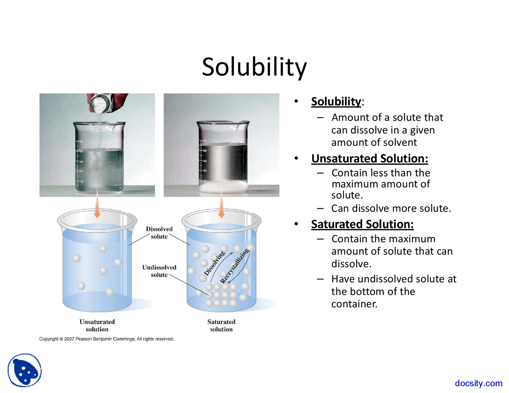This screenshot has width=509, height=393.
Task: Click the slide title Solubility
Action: tap(254, 67)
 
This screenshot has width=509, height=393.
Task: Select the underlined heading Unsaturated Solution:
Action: tap(369, 159)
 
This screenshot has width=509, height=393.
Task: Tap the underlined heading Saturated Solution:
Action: tap(362, 224)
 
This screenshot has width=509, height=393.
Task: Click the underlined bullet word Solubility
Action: tap(336, 101)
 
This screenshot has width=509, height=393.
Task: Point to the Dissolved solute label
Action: tap(159, 232)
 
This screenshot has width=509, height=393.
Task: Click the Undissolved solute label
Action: tap(159, 271)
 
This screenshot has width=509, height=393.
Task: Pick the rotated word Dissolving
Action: tap(215, 263)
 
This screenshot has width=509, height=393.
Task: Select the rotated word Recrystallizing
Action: tap(235, 265)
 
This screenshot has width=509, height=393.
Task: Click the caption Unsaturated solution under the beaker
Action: tap(97, 325)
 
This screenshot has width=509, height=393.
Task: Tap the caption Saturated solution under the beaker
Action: tap(221, 325)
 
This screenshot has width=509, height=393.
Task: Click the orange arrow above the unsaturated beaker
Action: tap(97, 207)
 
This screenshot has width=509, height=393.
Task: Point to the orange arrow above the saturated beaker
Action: tap(221, 207)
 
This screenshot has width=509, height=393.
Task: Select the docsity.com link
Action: tap(478, 383)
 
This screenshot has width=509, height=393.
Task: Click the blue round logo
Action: tap(25, 370)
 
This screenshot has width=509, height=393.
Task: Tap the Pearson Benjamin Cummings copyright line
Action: tap(107, 339)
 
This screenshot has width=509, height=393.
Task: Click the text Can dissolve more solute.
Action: tap(391, 208)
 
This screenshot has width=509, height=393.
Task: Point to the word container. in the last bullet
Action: tap(354, 304)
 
